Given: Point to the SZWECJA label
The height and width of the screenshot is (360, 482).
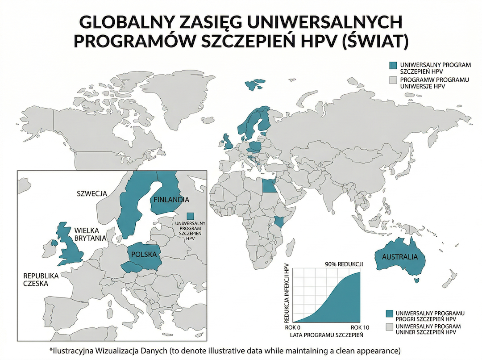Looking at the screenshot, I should (x=91, y=193).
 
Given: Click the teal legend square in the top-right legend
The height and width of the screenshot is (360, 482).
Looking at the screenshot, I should (x=393, y=66).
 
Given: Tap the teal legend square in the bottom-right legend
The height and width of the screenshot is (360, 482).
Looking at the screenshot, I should (x=389, y=313).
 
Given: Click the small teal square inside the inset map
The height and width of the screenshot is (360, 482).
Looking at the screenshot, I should (x=191, y=216).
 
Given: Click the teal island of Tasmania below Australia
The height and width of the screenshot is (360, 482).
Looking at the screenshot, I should (x=416, y=280).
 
